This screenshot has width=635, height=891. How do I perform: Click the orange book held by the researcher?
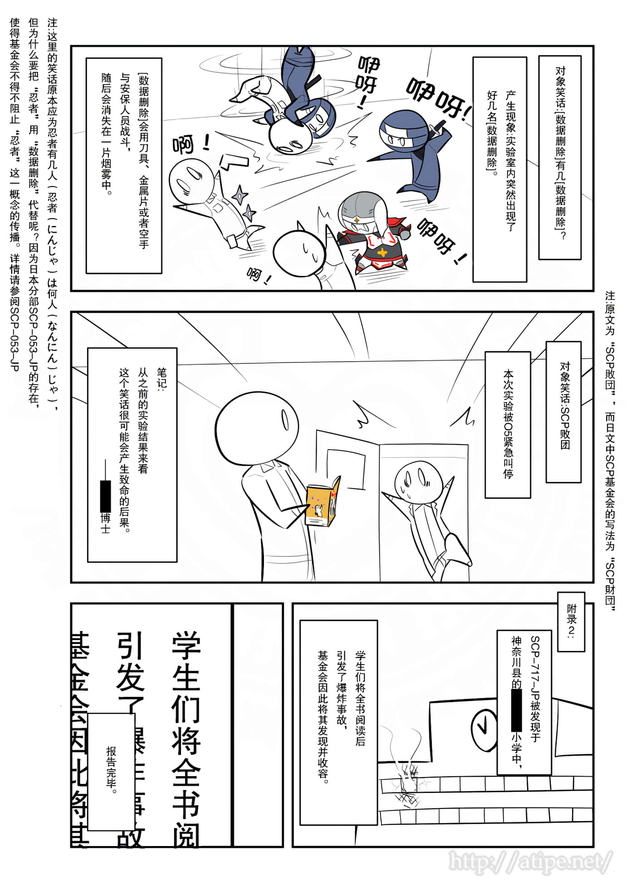[x=323, y=501]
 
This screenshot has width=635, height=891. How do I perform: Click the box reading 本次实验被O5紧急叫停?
[x=508, y=424]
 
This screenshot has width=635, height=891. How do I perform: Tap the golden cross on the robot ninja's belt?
[x=383, y=253]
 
